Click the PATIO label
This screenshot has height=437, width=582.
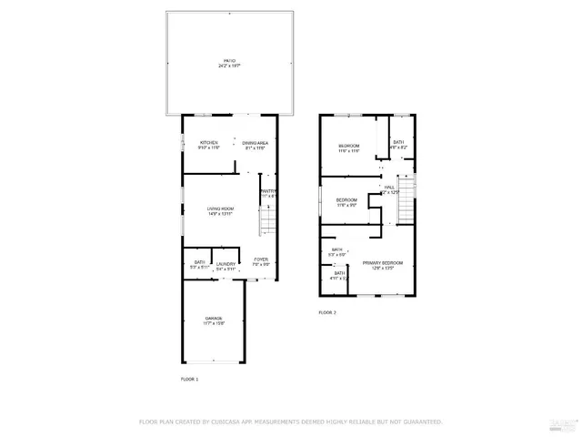(228, 61)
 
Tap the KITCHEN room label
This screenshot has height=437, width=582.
(209, 143)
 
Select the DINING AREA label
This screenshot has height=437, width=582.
(255, 143)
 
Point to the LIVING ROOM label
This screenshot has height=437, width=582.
(220, 209)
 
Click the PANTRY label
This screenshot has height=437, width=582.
(268, 191)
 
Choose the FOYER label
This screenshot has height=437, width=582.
(260, 259)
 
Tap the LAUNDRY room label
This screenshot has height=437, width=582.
(226, 263)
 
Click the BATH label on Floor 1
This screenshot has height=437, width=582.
(198, 263)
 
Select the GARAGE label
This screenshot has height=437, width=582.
(215, 318)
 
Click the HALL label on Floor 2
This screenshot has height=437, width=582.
(389, 187)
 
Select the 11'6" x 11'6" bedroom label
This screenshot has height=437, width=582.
(349, 146)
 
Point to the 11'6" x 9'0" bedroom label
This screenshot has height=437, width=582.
(346, 199)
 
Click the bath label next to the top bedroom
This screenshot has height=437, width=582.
(398, 142)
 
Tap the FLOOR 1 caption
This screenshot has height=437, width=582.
(189, 378)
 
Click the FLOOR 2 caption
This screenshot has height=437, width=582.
(327, 312)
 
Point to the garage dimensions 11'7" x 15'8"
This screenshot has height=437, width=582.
(215, 323)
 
